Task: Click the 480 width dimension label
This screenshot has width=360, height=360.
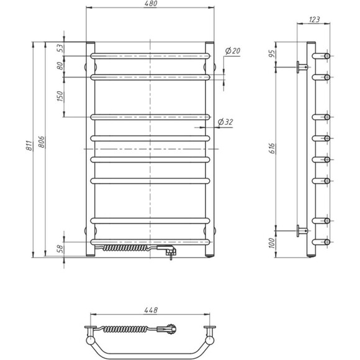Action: point(150,4)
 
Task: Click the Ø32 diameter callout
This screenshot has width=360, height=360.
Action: point(228,122)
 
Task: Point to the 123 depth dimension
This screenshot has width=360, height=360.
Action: point(314,20)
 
